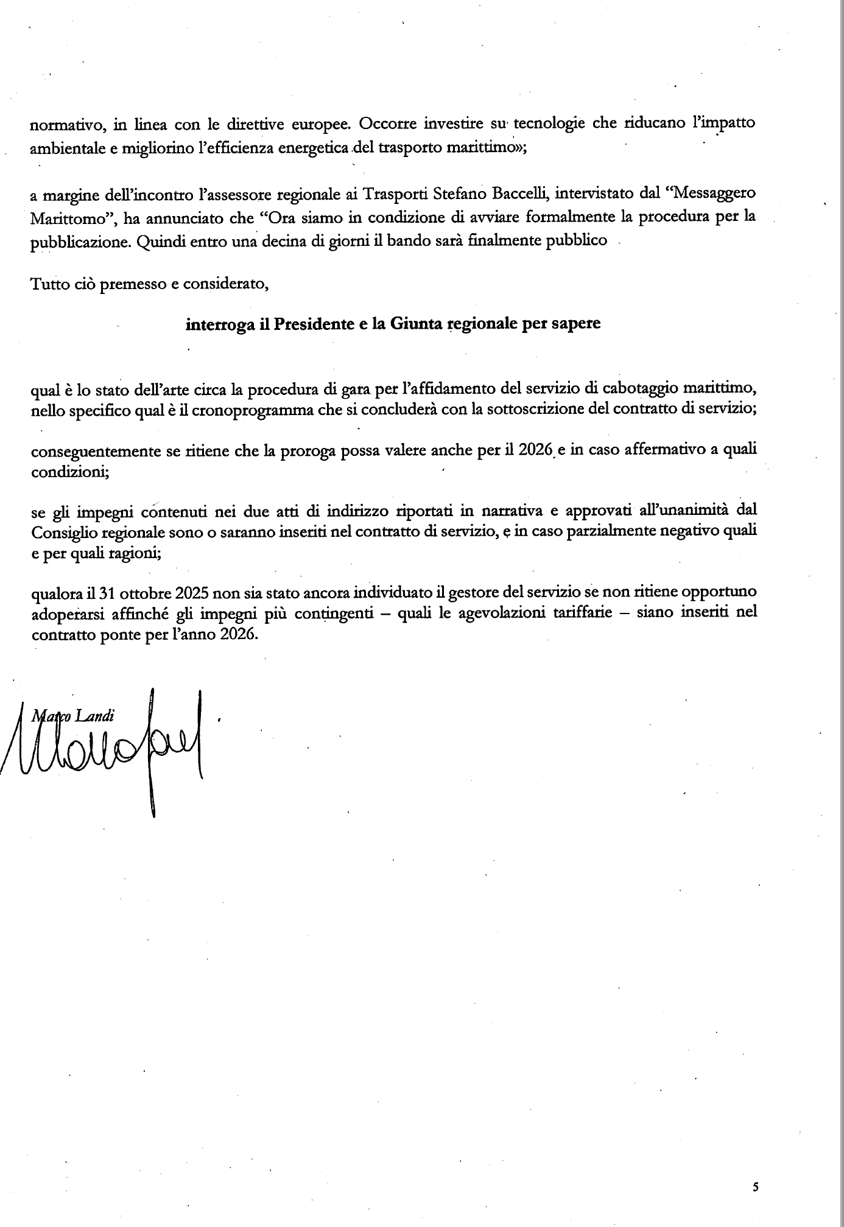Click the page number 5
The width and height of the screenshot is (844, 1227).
[x=756, y=1186]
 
